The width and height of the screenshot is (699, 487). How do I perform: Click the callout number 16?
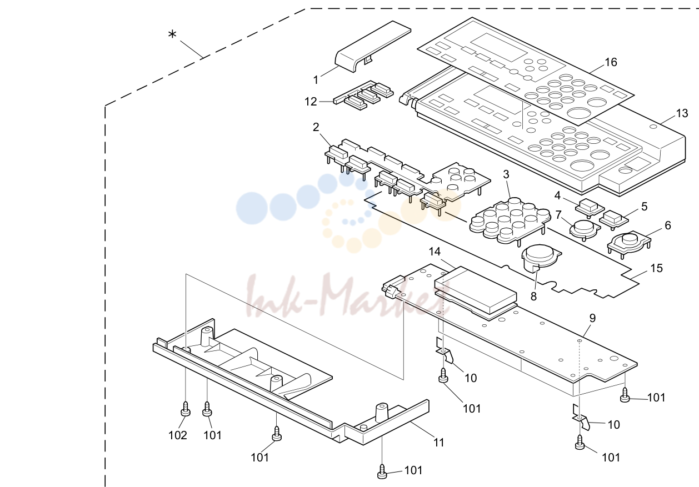coord(611,62)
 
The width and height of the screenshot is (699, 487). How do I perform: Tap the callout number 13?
coord(682,113)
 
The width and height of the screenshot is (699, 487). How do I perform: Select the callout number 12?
coord(311,102)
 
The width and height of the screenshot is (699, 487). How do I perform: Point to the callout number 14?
coord(435,252)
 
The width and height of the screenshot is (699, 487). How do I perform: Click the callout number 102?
coord(178,435)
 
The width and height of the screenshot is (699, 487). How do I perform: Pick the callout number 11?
coord(439,443)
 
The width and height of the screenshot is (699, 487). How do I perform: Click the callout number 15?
coord(657,268)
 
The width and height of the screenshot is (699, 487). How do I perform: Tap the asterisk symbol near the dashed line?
coord(172,34)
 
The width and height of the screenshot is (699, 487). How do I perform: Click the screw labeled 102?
coord(186,409)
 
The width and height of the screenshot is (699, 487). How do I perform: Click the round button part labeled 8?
coord(541,259)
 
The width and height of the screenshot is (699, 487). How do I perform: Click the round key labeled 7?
coord(584,230)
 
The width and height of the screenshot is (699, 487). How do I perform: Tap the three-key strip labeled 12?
coord(363,95)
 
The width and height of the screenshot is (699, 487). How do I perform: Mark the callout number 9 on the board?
coord(592,318)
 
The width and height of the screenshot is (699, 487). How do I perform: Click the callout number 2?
coord(316,127)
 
